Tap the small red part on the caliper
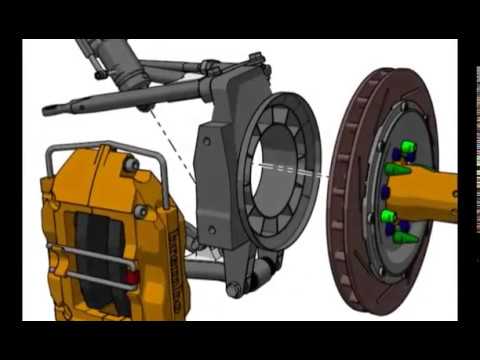point(129,276)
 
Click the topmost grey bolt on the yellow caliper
point(130,164)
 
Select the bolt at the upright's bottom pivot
point(233,290)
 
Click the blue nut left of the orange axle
point(387,190)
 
